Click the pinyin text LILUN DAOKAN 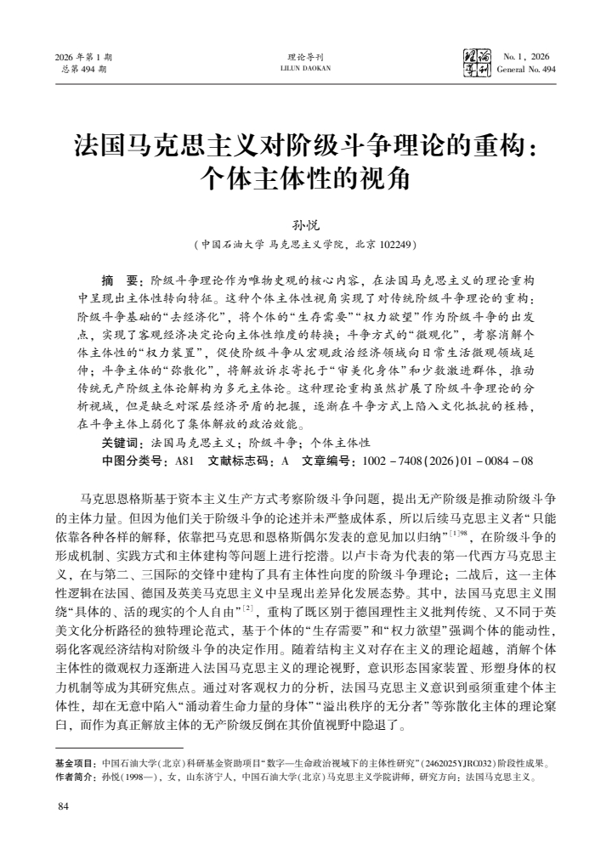click(305, 69)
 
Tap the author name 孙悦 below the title click(305, 226)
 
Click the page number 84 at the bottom click(60, 806)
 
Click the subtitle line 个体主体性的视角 click(305, 178)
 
